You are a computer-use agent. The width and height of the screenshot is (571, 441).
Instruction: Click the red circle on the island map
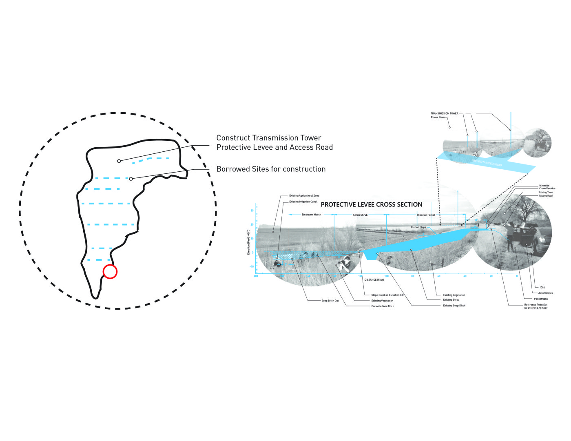pos(110,272)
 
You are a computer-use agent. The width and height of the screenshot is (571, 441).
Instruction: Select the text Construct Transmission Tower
pos(268,138)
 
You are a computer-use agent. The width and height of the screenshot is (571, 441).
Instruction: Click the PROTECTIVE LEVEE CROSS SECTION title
pos(372,204)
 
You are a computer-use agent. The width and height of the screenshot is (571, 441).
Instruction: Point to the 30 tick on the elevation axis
pos(252,211)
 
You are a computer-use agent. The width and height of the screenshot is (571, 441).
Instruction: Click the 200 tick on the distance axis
pos(256,276)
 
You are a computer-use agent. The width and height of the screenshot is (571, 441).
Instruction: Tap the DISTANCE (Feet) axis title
pos(374,280)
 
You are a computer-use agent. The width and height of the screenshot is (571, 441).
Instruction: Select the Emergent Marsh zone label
pos(311,215)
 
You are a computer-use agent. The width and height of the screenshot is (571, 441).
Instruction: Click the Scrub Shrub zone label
pos(360,215)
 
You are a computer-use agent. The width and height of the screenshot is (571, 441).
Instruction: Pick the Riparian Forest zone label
pos(426,215)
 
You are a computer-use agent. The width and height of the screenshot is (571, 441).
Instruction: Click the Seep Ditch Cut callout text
pos(330,301)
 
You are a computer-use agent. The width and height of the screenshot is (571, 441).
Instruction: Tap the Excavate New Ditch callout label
pos(383,306)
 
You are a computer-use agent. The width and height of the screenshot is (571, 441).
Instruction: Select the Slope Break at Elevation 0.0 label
pos(387,295)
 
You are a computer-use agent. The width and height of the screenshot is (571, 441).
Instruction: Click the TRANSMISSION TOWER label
pos(444,113)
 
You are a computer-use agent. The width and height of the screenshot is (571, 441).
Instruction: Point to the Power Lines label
pos(438,117)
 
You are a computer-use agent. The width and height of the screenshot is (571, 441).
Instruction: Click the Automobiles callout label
pos(545,293)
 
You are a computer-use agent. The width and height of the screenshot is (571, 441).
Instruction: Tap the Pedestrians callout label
pos(541,299)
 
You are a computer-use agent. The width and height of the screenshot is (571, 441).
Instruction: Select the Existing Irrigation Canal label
pos(303,202)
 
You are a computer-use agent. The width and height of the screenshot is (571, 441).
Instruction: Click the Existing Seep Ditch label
pos(454,306)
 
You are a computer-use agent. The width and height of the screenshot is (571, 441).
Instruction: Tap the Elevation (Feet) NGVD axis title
pos(248,242)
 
